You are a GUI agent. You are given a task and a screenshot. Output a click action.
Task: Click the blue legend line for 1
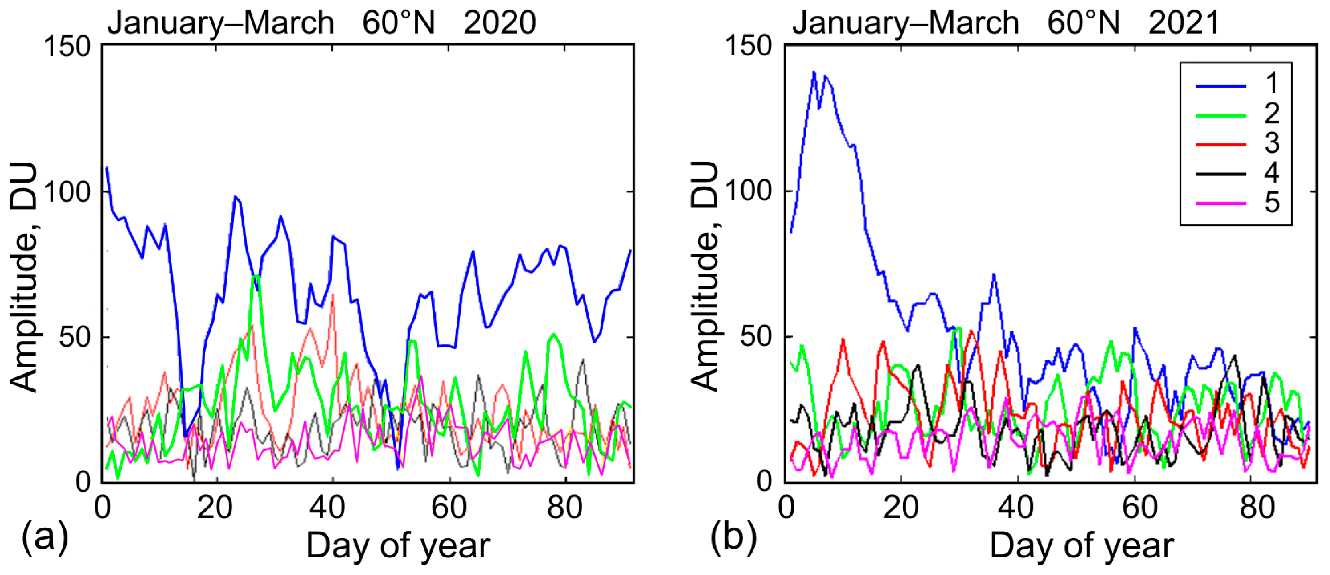(1221, 86)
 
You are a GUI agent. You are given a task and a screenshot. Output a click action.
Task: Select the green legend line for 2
(1221, 115)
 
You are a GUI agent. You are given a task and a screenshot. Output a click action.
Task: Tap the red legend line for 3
(1221, 144)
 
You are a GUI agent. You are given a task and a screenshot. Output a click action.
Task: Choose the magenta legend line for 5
(1221, 203)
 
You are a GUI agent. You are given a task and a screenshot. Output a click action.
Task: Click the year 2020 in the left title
(499, 23)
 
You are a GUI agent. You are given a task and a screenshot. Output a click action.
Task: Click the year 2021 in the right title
(1184, 23)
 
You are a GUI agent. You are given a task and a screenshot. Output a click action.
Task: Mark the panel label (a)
(45, 537)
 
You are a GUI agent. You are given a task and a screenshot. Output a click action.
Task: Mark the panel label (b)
(733, 537)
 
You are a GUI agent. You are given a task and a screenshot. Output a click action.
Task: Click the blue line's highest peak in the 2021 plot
(814, 72)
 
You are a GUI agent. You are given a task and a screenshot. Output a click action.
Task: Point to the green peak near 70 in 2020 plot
(255, 276)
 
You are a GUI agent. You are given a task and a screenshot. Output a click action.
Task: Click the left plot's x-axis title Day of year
(398, 546)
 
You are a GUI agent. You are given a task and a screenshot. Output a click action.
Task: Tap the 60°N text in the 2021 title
(1083, 23)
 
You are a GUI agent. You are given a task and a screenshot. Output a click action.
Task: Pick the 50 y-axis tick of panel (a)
(75, 337)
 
